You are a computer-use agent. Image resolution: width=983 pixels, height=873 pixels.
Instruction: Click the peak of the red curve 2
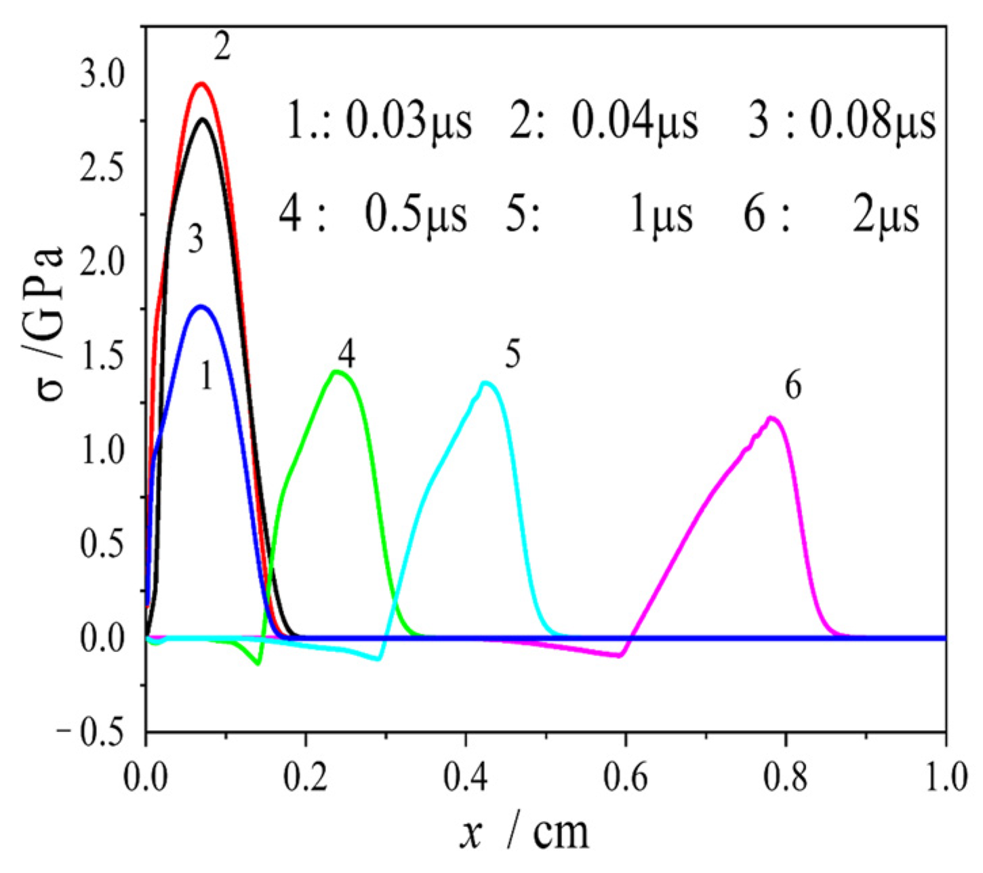tap(201, 84)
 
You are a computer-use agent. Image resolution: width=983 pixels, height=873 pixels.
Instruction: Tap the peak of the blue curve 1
tap(201, 307)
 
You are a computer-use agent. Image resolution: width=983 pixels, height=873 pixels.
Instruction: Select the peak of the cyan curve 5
tap(485, 384)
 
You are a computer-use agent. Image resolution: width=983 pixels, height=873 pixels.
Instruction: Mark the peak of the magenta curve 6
tap(771, 418)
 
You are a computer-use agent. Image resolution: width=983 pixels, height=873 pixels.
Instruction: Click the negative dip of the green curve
tap(258, 663)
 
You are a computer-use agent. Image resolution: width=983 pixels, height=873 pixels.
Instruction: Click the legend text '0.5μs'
tap(416, 216)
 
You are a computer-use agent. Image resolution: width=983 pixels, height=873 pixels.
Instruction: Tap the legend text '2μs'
tap(885, 216)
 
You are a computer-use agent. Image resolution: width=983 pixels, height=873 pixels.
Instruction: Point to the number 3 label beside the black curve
tap(195, 241)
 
